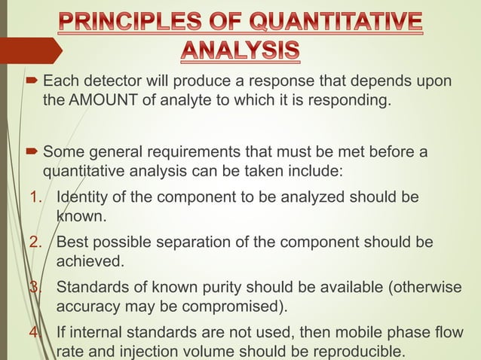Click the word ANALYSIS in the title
pyautogui.click(x=240, y=50)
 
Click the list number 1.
pyautogui.click(x=37, y=198)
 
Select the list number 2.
pyautogui.click(x=37, y=243)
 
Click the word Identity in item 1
pyautogui.click(x=81, y=198)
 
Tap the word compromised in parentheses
pyautogui.click(x=234, y=306)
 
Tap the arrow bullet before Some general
pyautogui.click(x=34, y=153)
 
